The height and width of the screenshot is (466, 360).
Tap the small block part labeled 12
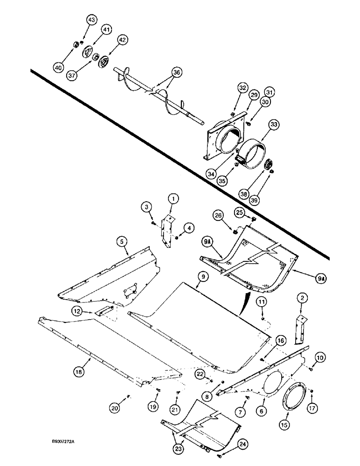(103, 311)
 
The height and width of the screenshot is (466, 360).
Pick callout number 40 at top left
(58, 68)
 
